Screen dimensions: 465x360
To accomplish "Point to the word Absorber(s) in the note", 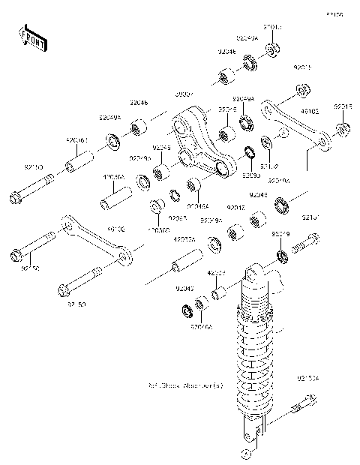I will tap(203, 386).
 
